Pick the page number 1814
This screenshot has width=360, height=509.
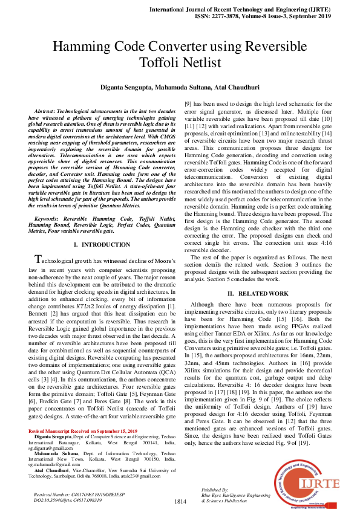(180, 501)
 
